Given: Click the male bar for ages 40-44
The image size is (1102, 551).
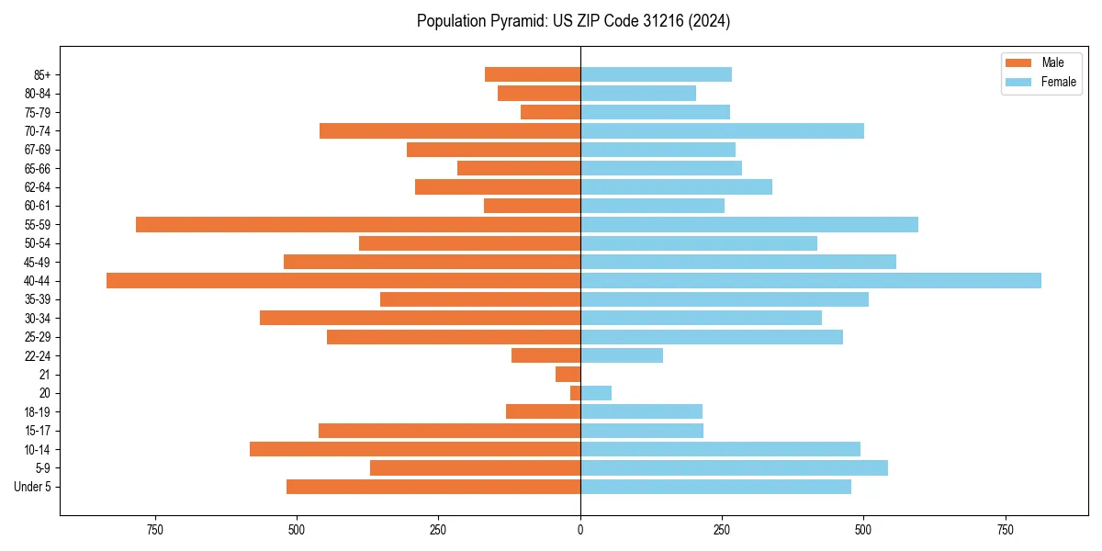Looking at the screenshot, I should pos(343,281).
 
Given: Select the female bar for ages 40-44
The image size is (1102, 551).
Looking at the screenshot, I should pos(810,281).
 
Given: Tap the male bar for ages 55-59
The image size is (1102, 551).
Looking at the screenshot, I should pos(358,225).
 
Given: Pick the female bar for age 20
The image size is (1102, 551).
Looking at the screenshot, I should pos(596,393).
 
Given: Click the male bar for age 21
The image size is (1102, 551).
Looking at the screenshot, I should pos(568,375).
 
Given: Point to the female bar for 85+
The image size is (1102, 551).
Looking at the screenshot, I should pos(656,74).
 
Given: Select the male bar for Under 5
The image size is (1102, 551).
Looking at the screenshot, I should pos(433,487).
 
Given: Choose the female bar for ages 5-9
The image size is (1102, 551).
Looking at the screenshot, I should pos(734,468).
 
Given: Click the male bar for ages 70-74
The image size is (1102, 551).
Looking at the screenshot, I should pos(450,131).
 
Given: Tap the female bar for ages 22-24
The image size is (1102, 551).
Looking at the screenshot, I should pos(622,355).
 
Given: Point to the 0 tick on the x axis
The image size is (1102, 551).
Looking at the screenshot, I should pos(580,531).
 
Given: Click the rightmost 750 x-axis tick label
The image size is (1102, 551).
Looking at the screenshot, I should pos(1006,531).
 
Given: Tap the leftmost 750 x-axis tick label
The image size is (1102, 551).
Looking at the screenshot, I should pos(155,531).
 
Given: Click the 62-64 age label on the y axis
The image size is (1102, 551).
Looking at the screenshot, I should pos(38,187).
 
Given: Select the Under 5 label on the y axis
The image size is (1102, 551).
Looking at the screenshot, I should pos(33,487).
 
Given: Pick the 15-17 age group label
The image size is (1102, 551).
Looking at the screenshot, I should pos(38,431).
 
